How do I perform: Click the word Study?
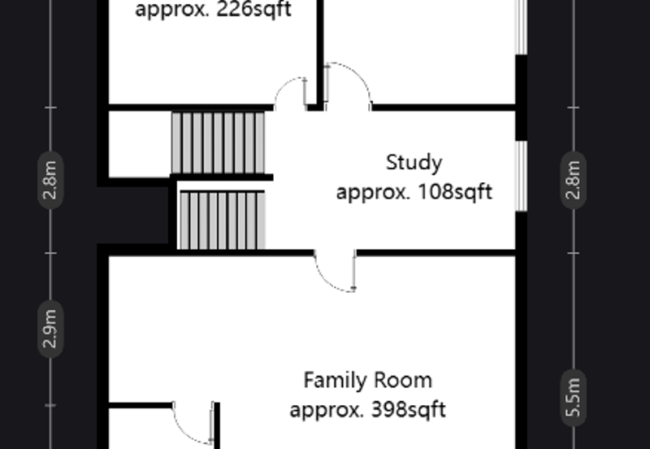point(414,163)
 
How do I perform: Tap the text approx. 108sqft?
point(414,193)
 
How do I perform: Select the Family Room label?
point(367,380)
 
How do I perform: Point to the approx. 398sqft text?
point(367,409)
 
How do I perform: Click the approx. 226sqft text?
point(213,11)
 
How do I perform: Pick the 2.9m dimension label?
point(50,329)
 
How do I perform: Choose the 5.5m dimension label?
point(574,396)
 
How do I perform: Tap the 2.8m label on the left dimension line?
point(50,181)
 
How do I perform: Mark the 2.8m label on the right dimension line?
point(574,181)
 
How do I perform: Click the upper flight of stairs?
point(218,142)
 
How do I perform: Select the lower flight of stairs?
point(222,220)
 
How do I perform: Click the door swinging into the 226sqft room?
point(292,93)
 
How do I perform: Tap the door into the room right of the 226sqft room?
point(348,86)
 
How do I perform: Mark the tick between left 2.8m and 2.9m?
point(50,253)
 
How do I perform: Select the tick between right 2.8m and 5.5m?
point(574,253)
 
